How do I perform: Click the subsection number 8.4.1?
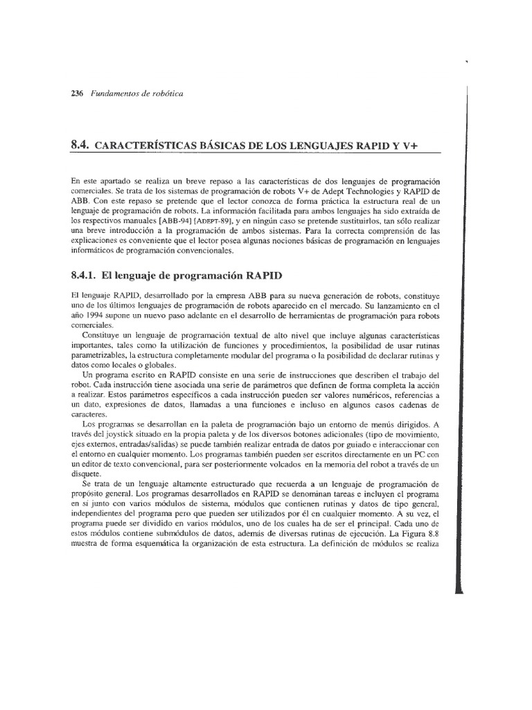click(85, 272)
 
